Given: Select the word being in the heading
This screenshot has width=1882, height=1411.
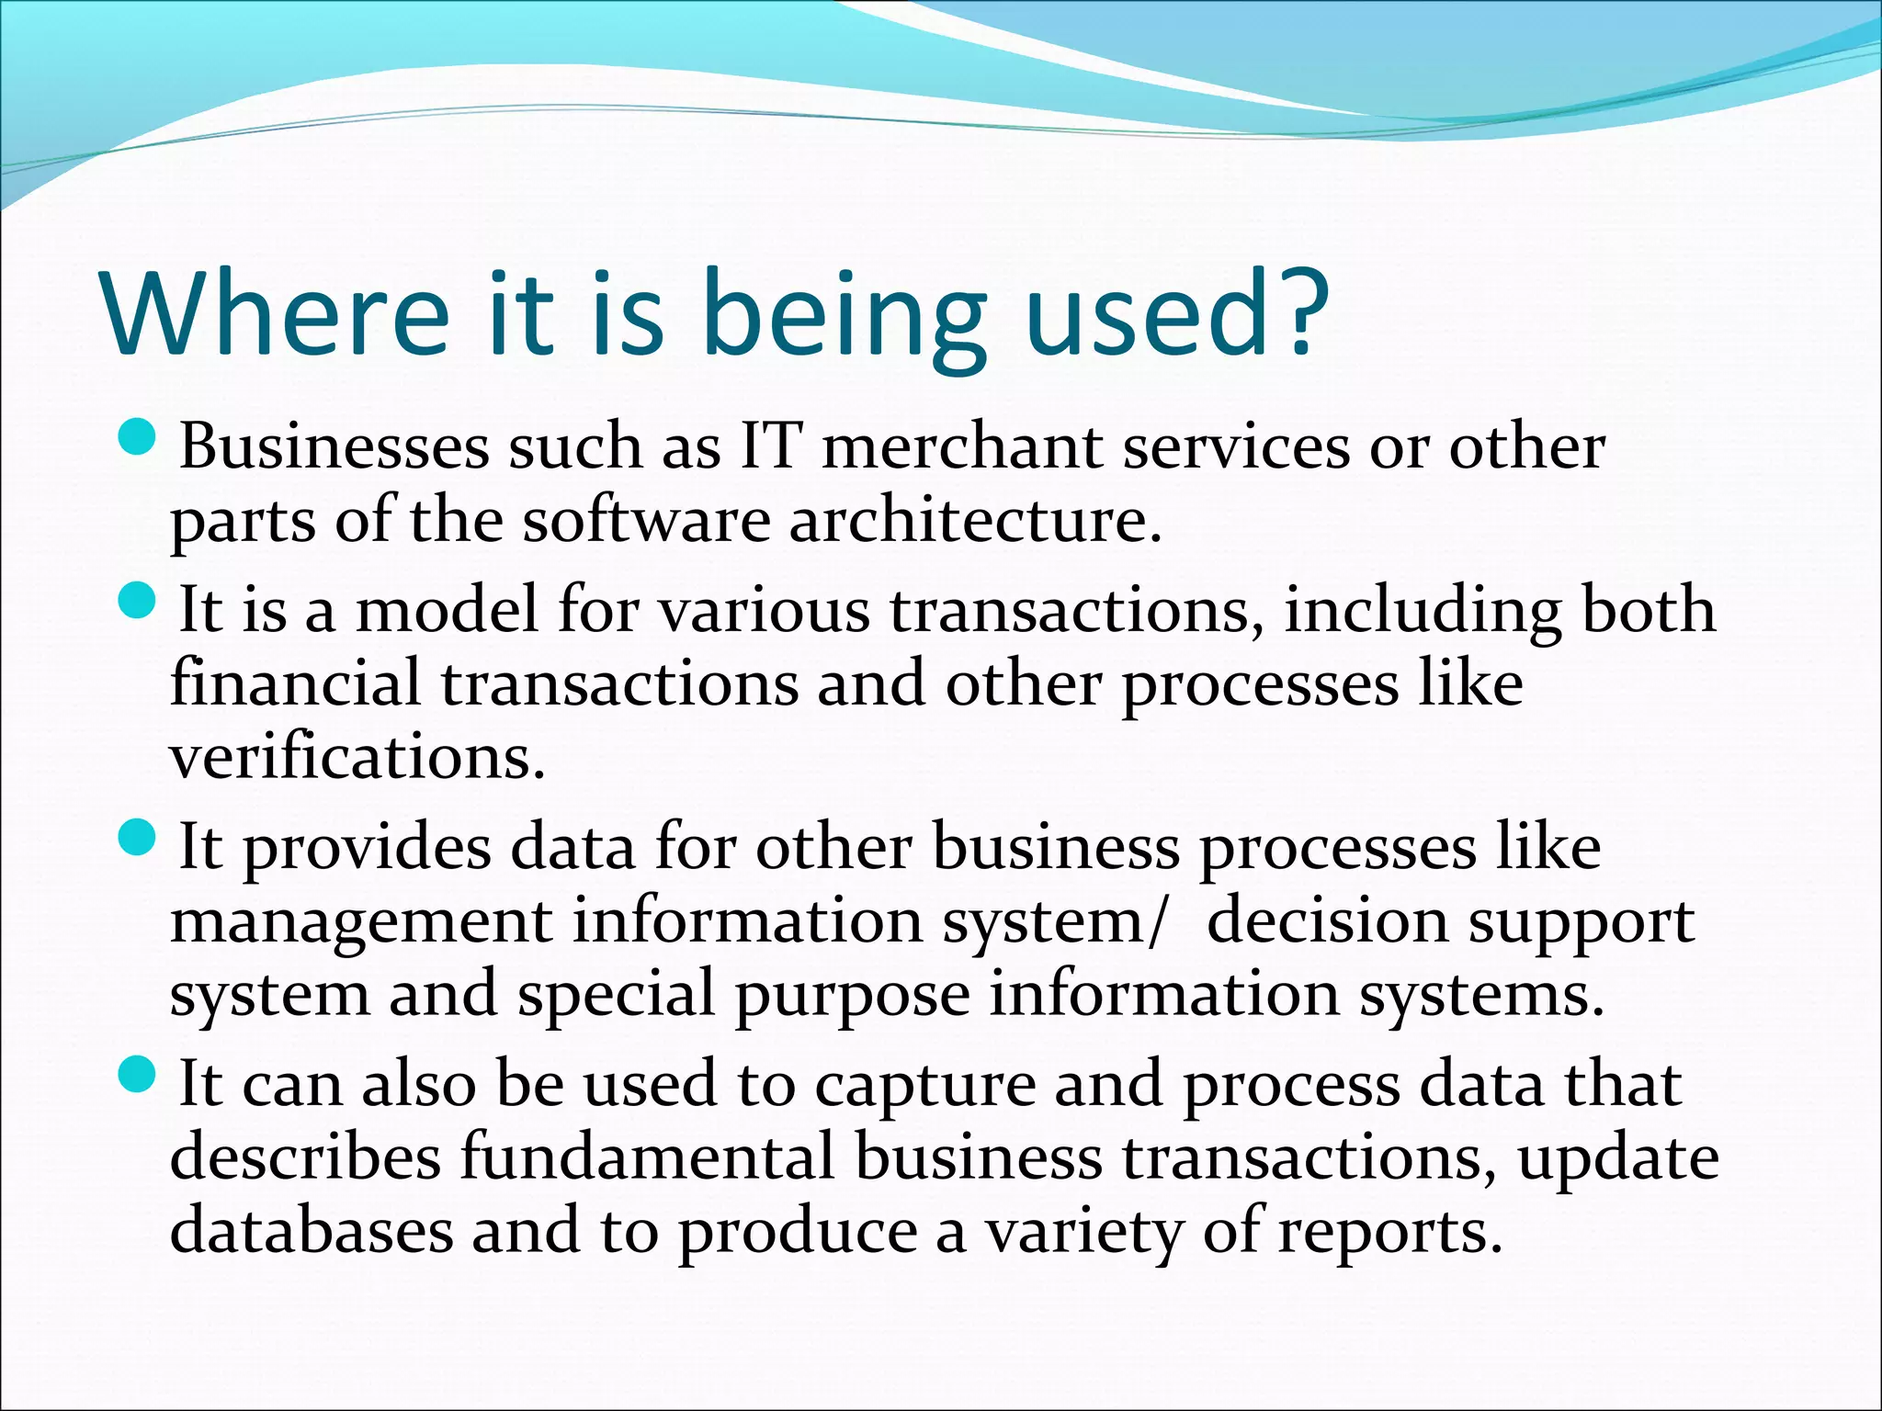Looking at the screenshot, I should click(x=844, y=317).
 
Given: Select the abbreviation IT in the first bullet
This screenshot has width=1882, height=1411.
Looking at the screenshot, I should click(x=771, y=447).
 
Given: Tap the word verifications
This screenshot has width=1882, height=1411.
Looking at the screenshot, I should click(x=357, y=759).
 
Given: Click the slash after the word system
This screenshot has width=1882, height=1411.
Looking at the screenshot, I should click(x=1156, y=921).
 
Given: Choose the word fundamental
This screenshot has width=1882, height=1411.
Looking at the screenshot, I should click(x=647, y=1157).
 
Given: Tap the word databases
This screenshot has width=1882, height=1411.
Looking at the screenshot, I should click(x=312, y=1231).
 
